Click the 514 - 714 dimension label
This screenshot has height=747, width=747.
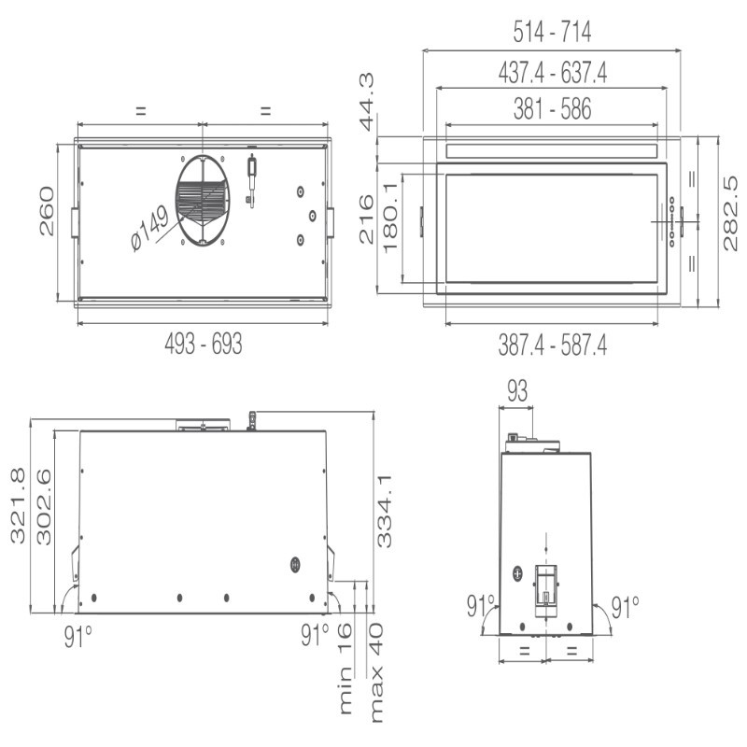(552, 32)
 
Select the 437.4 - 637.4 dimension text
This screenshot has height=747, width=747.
(553, 73)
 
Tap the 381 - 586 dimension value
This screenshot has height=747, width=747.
(552, 108)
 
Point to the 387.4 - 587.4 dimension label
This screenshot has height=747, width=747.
(553, 345)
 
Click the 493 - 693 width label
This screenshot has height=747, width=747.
(204, 343)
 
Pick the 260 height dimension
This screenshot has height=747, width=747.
(47, 211)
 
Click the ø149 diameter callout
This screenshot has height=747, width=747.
(149, 228)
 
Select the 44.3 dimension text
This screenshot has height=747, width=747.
(366, 102)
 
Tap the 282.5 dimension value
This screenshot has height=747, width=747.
(729, 214)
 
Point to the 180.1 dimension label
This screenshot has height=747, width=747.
(390, 218)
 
